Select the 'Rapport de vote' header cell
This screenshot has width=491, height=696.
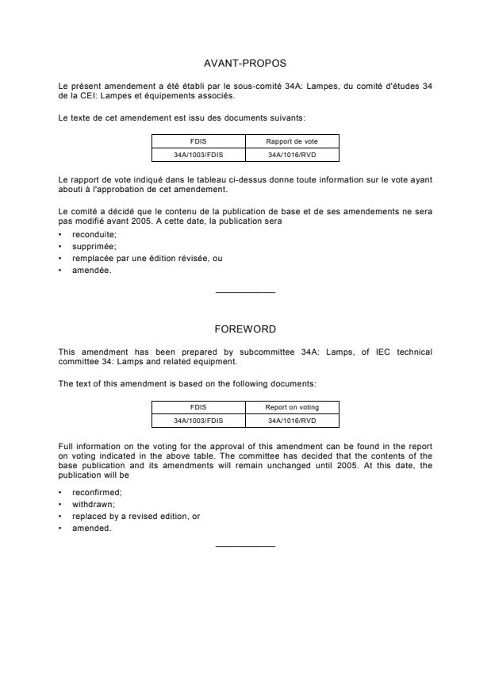(x=292, y=140)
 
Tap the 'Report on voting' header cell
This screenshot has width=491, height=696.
(x=292, y=407)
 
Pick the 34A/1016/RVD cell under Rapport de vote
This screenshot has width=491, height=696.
(x=292, y=154)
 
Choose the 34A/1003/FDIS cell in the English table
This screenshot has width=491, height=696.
(x=198, y=421)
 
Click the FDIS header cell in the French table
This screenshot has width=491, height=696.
(x=198, y=140)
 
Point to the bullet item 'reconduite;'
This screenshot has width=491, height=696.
(x=94, y=235)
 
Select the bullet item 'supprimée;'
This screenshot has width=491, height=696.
(x=94, y=246)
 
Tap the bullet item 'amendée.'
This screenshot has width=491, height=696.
(x=91, y=269)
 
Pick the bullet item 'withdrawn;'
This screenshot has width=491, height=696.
(x=92, y=505)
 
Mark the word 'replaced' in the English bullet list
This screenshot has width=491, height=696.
(x=87, y=516)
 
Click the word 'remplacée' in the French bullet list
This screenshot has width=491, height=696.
(x=90, y=258)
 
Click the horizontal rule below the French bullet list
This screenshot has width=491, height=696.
(x=245, y=293)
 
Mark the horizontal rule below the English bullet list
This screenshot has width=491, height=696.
(x=245, y=546)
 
